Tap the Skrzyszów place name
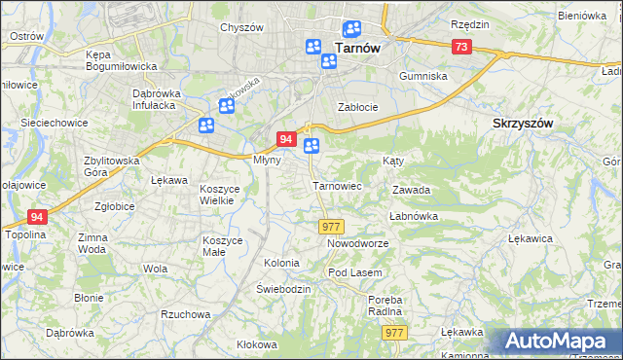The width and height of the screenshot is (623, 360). click(523, 124)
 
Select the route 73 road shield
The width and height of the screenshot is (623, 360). click(461, 47)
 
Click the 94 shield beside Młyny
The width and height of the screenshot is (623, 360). click(286, 139)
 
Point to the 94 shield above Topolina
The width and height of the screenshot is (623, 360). click(37, 217)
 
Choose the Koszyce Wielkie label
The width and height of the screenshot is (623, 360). click(218, 194)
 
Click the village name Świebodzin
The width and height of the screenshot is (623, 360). click(283, 289)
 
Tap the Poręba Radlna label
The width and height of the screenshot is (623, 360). click(385, 306)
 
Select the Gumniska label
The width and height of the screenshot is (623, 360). click(423, 75)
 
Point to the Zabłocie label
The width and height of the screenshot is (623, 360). click(357, 106)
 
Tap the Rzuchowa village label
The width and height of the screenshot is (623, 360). click(186, 314)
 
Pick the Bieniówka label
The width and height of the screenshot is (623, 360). click(583, 17)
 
